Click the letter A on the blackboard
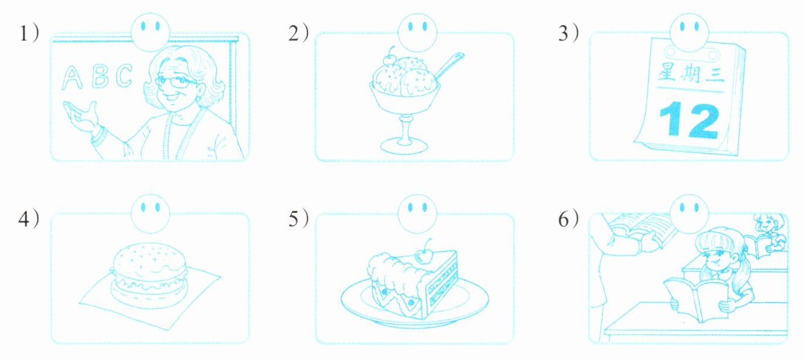click(x=71, y=79)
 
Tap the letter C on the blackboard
click(x=124, y=75)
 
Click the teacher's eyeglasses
click(x=176, y=82)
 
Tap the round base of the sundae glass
click(x=404, y=145)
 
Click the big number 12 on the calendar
click(x=689, y=119)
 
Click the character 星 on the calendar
click(x=667, y=72)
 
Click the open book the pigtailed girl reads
click(x=696, y=301)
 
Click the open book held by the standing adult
click(x=641, y=229)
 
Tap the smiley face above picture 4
click(x=150, y=214)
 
